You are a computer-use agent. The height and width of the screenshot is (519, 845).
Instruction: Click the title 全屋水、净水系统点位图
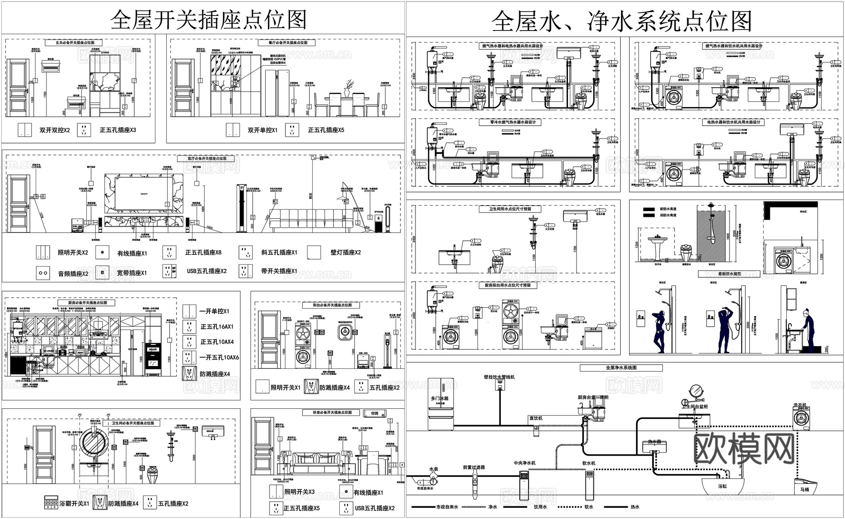[622, 21]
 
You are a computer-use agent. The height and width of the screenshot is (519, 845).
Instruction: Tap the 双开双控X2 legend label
[54, 130]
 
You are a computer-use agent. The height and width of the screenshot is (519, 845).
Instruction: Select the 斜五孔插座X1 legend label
[279, 252]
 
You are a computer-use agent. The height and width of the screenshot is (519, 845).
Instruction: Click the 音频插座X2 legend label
[73, 274]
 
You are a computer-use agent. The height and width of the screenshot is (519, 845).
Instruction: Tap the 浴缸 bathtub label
[722, 487]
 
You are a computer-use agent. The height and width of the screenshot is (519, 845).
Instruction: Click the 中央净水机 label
[524, 463]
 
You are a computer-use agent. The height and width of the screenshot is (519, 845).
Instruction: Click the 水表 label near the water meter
[433, 469]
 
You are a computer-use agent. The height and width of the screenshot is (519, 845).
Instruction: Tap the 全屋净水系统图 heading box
[621, 368]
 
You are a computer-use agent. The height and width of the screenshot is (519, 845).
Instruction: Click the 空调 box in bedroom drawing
[374, 413]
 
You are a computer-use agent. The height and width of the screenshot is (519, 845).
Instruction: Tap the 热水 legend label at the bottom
[634, 507]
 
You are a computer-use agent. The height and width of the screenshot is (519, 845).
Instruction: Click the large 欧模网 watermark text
[744, 448]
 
